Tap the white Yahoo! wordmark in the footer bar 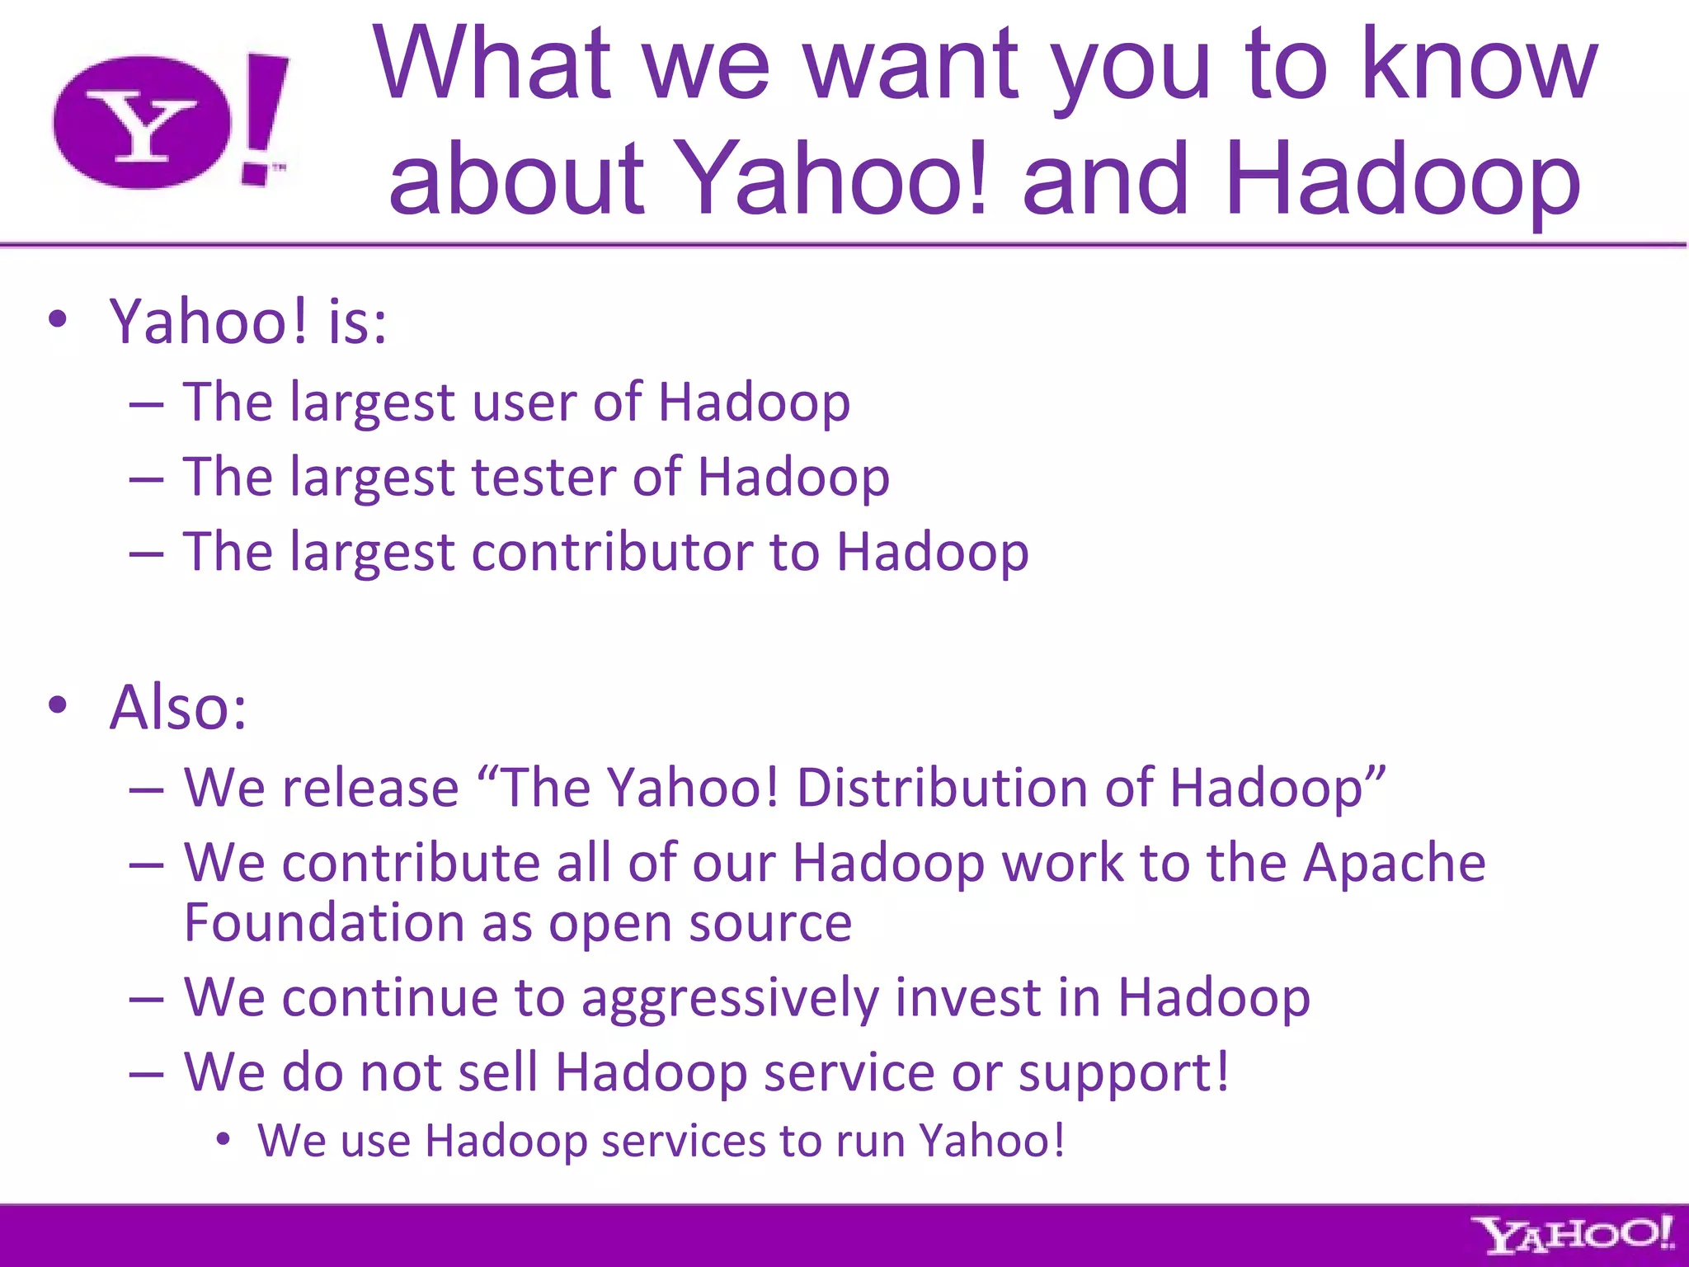point(1574,1236)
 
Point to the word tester point(543,477)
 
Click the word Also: point(178,708)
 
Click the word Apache point(1394,863)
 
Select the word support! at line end point(1123,1073)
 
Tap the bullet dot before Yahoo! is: point(57,320)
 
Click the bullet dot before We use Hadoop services point(222,1140)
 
